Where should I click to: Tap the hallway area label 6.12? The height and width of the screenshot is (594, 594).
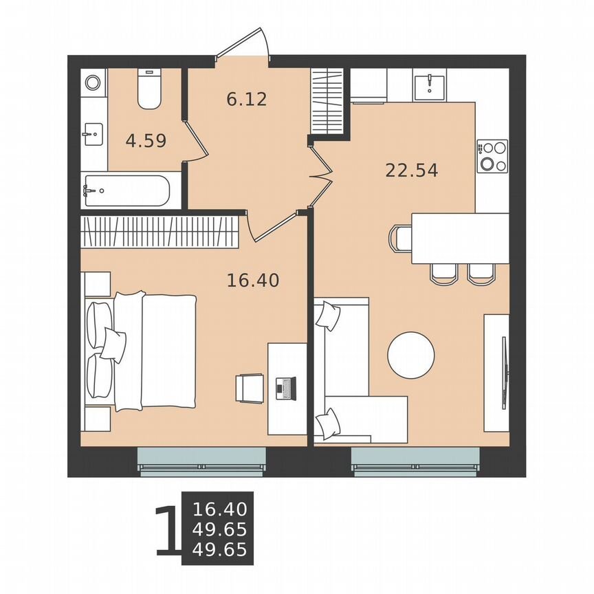246,99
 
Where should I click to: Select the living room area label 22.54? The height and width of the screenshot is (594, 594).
411,170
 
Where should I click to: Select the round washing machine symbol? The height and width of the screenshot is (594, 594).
93,83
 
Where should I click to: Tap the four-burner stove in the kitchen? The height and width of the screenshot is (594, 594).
492,155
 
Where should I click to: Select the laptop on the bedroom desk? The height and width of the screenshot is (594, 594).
285,388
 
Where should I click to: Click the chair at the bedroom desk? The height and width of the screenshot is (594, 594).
250,388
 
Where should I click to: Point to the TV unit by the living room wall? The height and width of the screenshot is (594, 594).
497,373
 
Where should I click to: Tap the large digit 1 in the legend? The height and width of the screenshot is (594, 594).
168,530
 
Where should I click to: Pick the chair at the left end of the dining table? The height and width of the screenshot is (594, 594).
400,238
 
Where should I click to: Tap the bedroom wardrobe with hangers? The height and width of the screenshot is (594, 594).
159,231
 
